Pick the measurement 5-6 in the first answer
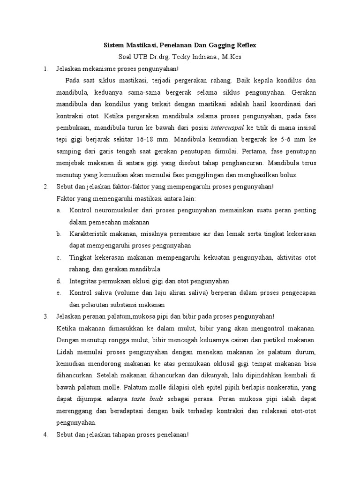point(297,139)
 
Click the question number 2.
point(45,186)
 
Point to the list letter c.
point(59,257)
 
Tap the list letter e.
point(59,292)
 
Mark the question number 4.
point(45,434)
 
